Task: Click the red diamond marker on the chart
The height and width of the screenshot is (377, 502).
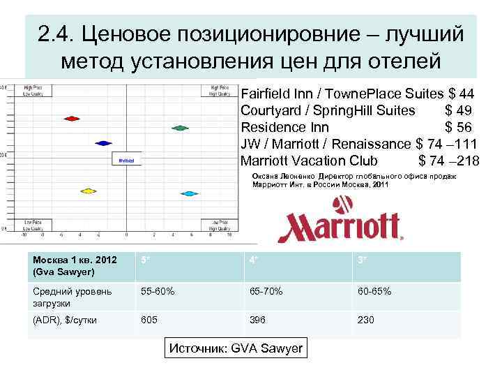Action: click(70, 119)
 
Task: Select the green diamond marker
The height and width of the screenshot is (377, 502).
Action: click(180, 128)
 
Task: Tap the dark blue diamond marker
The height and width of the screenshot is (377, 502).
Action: click(103, 142)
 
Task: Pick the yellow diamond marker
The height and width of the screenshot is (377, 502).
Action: click(88, 190)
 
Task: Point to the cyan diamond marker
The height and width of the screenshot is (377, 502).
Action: click(188, 192)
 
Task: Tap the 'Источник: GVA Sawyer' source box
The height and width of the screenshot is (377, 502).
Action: click(237, 349)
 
